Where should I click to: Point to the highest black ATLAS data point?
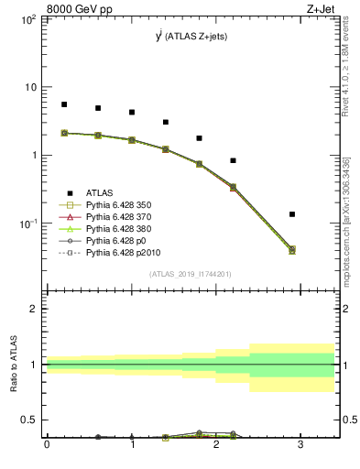point(64,104)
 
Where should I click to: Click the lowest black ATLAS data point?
point(292,214)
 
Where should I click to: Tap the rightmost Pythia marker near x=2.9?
point(292,249)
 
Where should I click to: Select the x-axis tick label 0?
point(47,444)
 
